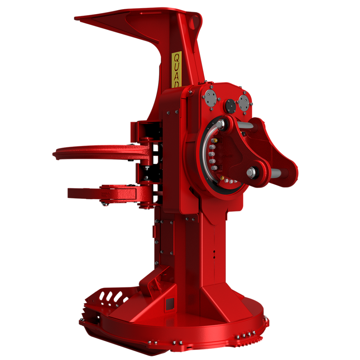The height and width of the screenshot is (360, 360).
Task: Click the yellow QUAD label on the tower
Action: click(x=176, y=69)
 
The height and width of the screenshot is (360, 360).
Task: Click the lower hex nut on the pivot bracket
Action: click(x=251, y=172)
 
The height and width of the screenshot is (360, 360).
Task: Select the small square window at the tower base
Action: click(x=169, y=303)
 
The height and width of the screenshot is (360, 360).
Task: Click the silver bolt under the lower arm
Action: click(x=104, y=204)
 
